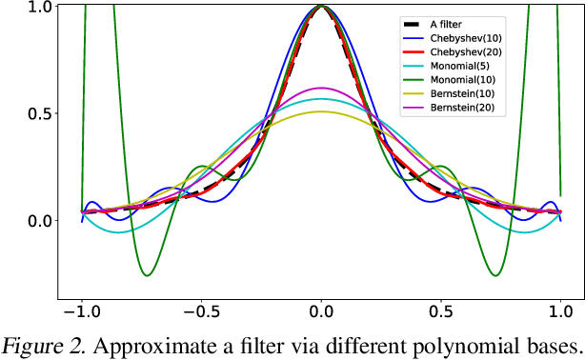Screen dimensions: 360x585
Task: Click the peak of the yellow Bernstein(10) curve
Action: tap(322, 111)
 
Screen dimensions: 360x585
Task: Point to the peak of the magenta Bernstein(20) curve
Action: tap(322, 88)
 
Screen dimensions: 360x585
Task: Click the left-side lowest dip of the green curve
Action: tap(146, 276)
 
